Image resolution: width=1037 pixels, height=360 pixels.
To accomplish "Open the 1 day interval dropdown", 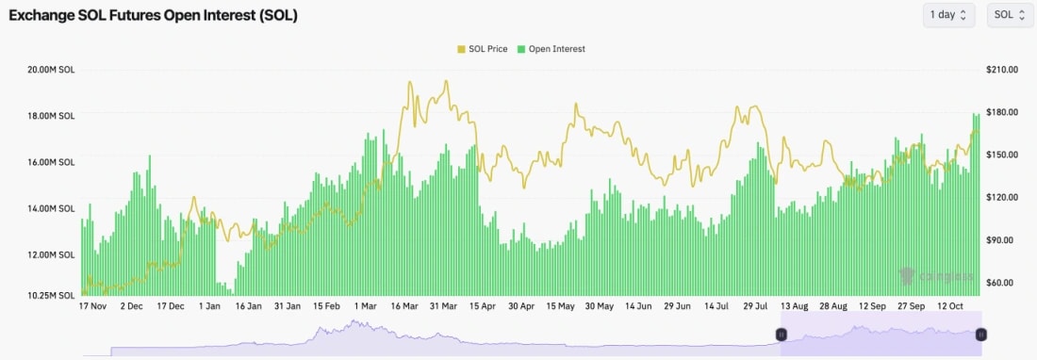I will click(x=948, y=15).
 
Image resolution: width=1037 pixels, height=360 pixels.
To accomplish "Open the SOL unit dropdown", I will click(x=1010, y=15).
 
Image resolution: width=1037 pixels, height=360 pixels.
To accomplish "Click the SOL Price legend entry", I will click(x=485, y=49).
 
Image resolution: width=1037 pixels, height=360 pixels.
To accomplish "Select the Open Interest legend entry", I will click(x=551, y=49).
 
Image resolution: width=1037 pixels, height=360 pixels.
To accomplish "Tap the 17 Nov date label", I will click(x=96, y=306).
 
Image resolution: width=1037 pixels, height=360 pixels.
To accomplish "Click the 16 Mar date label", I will click(x=403, y=306).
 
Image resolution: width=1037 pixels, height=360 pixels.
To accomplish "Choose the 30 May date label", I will click(x=600, y=306).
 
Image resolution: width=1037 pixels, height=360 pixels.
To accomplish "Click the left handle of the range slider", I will click(x=781, y=335).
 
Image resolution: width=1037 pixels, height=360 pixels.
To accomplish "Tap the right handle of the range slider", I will click(x=981, y=335).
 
